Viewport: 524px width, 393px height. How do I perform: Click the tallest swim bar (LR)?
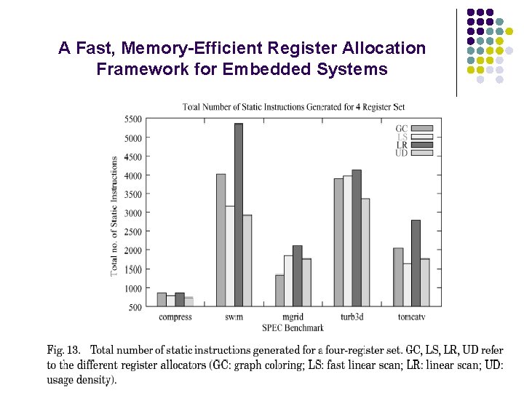click(239, 215)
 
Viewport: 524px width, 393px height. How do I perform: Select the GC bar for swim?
click(221, 240)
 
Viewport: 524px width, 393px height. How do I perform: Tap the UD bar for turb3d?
click(365, 252)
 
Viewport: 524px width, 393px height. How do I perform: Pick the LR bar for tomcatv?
click(416, 263)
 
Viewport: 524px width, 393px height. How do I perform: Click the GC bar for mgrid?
click(279, 290)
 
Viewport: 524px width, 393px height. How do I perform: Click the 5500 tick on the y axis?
click(133, 119)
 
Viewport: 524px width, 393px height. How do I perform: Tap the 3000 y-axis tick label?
click(133, 213)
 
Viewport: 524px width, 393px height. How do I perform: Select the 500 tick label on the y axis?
click(136, 307)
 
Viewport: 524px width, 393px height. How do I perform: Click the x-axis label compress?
click(175, 317)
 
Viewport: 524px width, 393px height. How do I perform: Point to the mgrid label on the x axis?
click(293, 317)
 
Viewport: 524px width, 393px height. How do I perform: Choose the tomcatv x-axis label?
click(411, 317)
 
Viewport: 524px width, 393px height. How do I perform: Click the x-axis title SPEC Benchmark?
click(293, 327)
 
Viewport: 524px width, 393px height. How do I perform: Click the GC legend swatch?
click(422, 129)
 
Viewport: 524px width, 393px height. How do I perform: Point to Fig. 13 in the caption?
click(64, 351)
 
